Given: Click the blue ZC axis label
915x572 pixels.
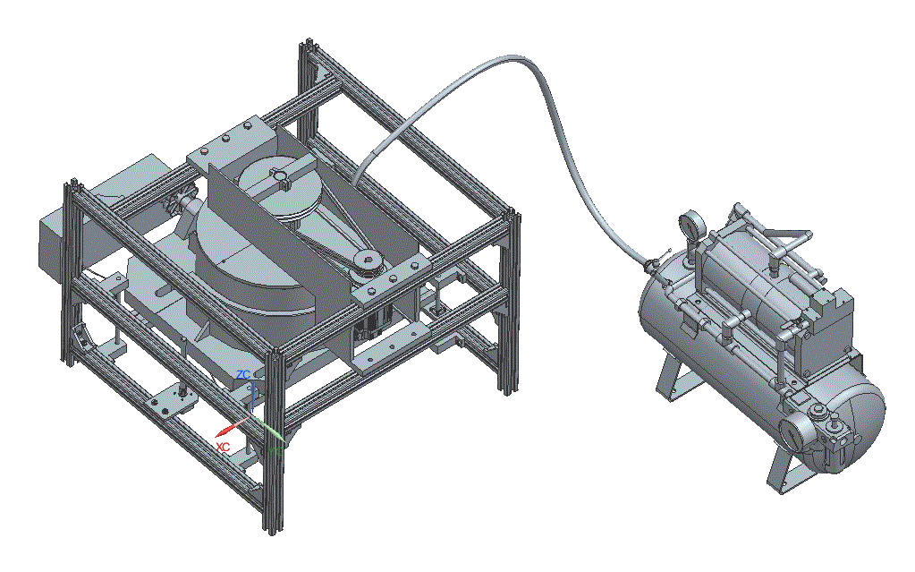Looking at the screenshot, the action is pos(243,374).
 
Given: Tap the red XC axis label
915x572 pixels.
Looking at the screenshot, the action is pos(223,447).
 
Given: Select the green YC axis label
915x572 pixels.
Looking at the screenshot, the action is pos(275,451).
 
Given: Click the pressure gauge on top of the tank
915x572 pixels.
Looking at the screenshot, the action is pos(690,225).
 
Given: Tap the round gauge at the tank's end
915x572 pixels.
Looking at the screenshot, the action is pos(792,433).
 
